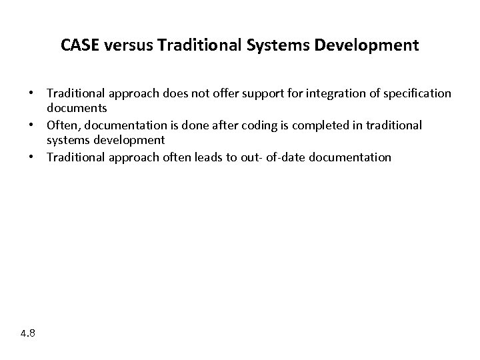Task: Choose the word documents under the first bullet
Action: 77,108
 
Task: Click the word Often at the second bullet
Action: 61,125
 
